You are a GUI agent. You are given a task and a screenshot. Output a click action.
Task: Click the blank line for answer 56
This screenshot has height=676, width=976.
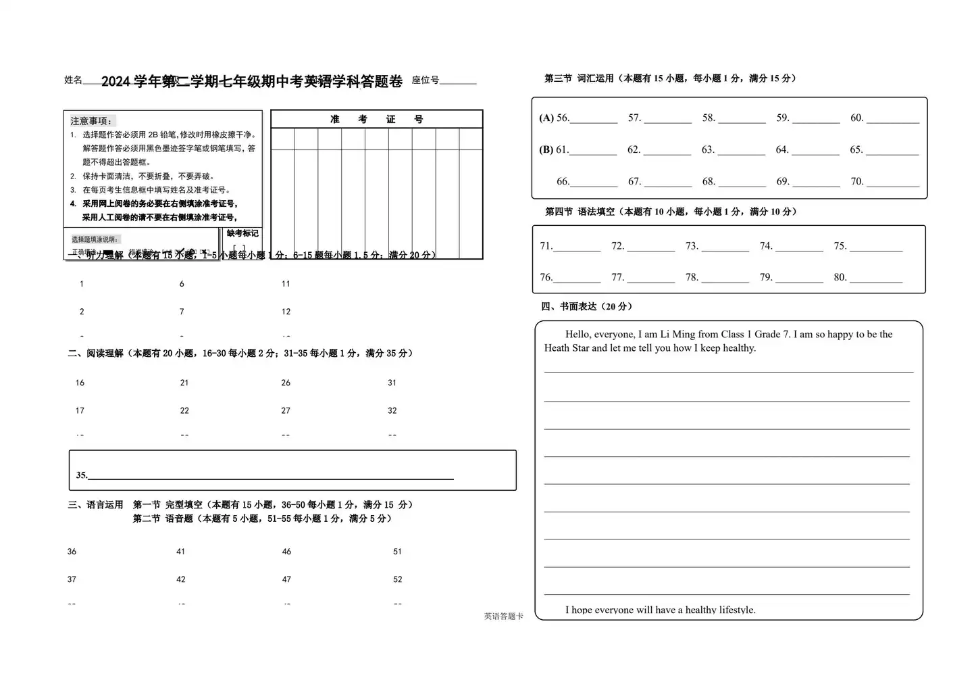[x=594, y=120]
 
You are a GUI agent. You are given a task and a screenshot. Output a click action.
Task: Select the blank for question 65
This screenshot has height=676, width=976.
[x=892, y=151]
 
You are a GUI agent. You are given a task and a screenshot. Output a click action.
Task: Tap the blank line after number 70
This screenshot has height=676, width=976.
[x=893, y=183]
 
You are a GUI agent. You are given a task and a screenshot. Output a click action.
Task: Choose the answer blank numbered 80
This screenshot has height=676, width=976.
[x=876, y=279]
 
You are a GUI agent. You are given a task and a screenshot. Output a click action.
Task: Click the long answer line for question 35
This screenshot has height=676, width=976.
[x=270, y=476]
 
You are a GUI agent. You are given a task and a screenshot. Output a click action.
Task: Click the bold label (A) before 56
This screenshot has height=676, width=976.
[x=546, y=118]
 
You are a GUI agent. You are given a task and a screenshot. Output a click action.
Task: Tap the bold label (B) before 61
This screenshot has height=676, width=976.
[x=546, y=150]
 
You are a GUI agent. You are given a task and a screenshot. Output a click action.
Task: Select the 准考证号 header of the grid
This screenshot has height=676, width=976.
[x=376, y=120]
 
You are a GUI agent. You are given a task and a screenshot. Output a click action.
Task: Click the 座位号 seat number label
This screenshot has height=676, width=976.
[x=426, y=80]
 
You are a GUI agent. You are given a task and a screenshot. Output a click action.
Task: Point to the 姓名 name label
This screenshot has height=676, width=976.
[x=73, y=80]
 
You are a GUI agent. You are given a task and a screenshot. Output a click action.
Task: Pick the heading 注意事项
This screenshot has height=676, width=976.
[x=91, y=121]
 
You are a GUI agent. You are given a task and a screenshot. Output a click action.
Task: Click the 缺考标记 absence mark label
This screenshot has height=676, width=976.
[x=242, y=233]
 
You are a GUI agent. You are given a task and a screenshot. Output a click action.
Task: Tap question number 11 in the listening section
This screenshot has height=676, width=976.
[x=286, y=284]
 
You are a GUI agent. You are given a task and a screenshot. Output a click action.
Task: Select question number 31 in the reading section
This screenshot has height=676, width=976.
[x=392, y=383]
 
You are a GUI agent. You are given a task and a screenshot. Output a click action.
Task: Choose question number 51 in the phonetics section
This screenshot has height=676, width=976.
[x=397, y=552]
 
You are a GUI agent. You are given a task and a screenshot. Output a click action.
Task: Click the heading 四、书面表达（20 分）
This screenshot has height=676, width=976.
[x=586, y=307]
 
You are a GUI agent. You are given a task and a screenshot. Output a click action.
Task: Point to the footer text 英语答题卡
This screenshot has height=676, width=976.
[x=503, y=617]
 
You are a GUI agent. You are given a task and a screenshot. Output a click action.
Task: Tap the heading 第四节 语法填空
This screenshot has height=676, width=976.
[x=595, y=212]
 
